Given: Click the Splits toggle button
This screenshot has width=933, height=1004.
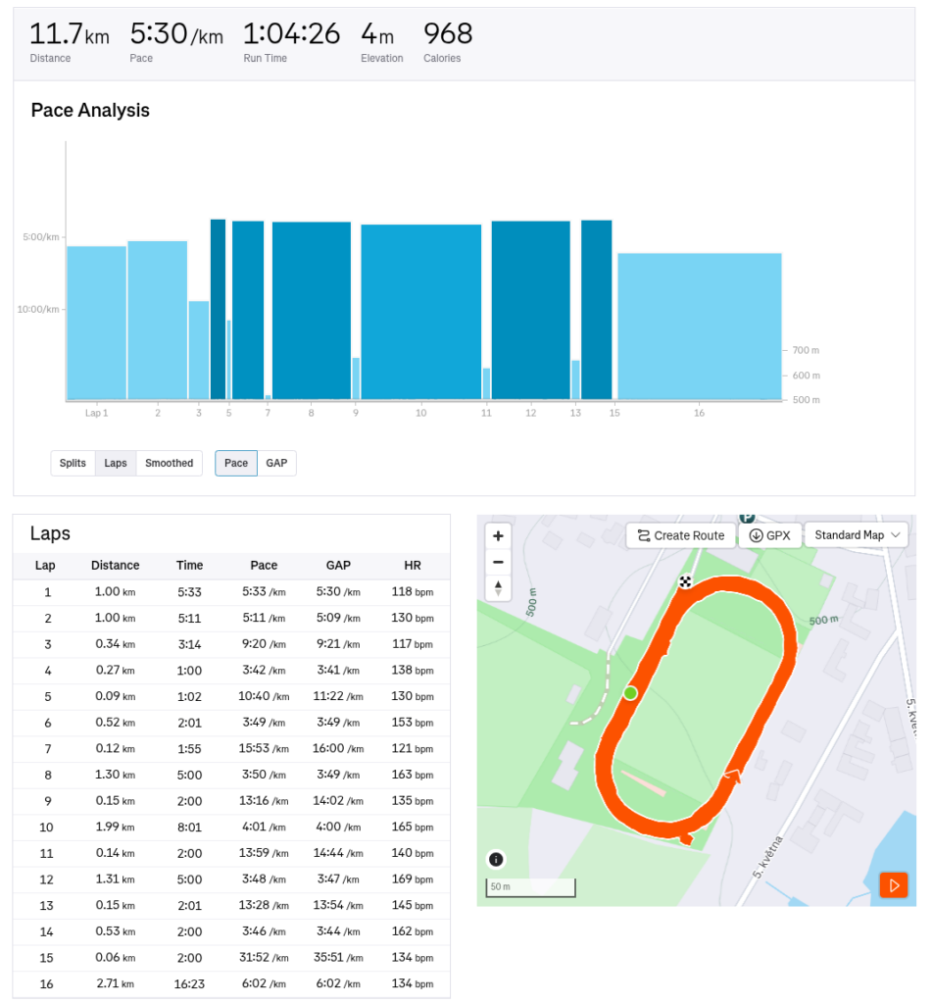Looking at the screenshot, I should (73, 463).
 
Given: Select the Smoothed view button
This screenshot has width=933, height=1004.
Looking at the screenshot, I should (169, 463).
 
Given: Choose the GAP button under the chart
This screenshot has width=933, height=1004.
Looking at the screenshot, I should (276, 463).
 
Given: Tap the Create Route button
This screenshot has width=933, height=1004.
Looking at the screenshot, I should (681, 535).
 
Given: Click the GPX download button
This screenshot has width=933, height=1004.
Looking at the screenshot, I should (769, 535).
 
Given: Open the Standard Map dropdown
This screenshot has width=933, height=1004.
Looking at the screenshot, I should (856, 535).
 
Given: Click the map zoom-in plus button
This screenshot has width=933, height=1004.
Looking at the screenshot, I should (498, 536).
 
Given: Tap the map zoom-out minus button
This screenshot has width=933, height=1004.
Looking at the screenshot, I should (498, 562).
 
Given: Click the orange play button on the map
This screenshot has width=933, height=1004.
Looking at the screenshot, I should (893, 885).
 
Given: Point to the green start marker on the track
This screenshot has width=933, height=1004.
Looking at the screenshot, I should (630, 693).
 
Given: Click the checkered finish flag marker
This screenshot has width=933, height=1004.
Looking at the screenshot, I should (686, 581).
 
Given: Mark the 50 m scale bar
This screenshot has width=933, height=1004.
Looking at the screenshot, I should (530, 889).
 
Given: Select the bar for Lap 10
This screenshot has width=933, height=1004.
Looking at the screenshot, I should (421, 312).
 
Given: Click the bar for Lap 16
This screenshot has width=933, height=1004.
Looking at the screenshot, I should (699, 326).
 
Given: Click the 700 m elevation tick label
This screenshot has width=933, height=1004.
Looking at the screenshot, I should (806, 350).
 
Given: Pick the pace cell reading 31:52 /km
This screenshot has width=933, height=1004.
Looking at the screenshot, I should (264, 958).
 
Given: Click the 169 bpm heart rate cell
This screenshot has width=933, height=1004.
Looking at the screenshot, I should (413, 879).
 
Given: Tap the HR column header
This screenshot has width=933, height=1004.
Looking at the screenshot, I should (413, 566).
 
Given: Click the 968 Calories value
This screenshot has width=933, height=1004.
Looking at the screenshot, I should (448, 34).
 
